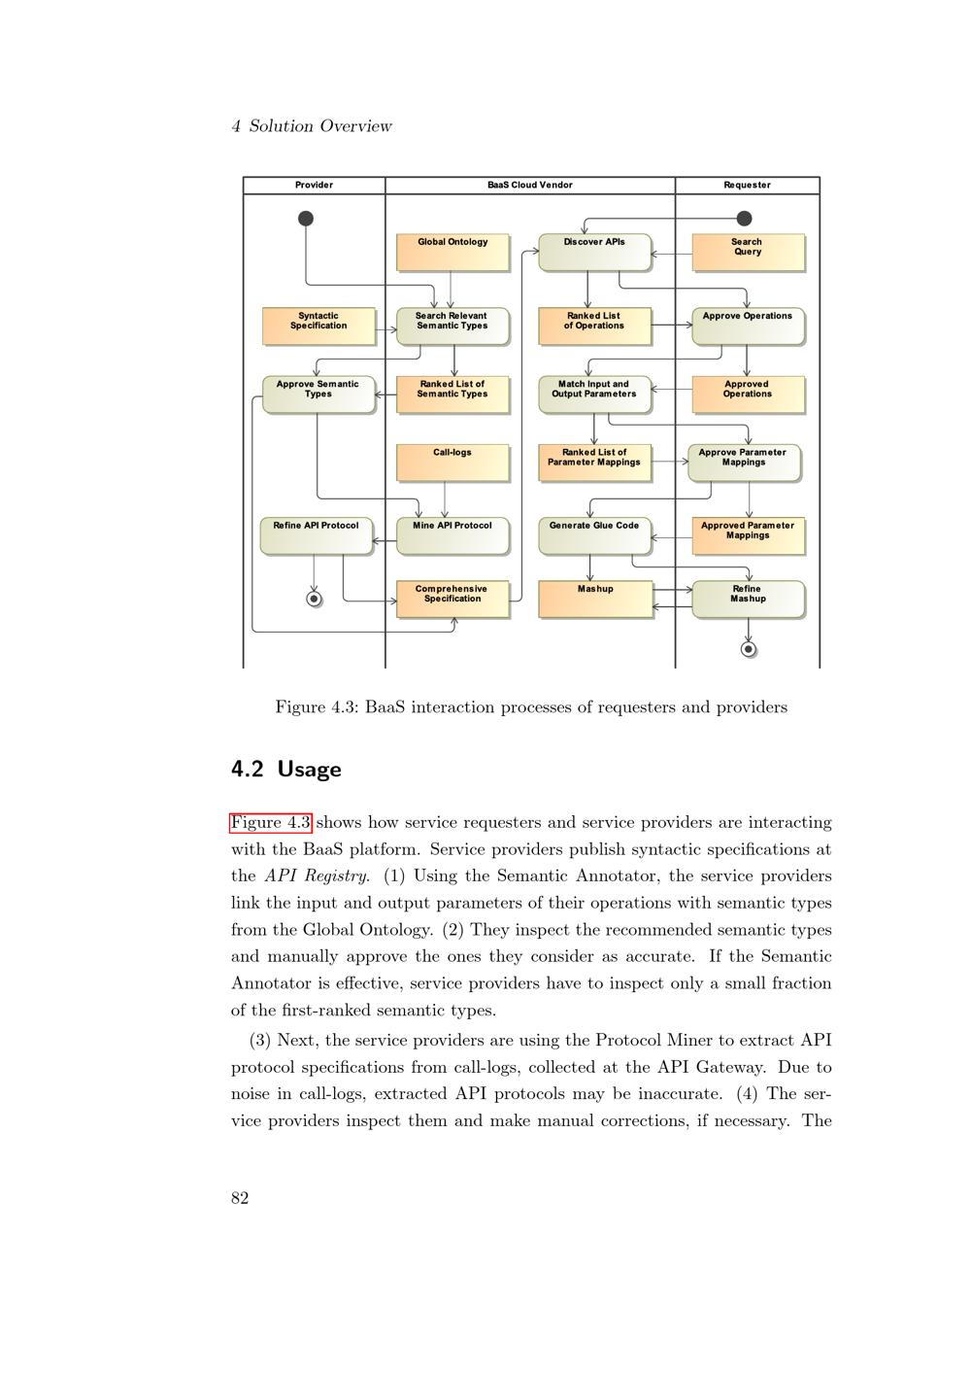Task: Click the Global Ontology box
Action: (452, 252)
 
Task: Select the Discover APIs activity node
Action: (594, 252)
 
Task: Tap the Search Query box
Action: (748, 252)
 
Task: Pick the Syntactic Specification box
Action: (318, 326)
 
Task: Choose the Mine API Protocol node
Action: (452, 535)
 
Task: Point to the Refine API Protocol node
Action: (316, 535)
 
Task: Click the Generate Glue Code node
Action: (594, 535)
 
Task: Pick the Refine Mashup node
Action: (748, 599)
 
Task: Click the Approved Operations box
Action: (748, 394)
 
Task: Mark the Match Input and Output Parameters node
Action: (594, 394)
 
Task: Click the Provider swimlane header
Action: (314, 185)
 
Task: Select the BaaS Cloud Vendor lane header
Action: (530, 185)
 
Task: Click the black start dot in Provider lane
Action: (306, 219)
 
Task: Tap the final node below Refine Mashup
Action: (748, 648)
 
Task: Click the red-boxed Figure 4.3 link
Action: (271, 823)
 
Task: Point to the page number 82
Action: (240, 1198)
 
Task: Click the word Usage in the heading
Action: (309, 770)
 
